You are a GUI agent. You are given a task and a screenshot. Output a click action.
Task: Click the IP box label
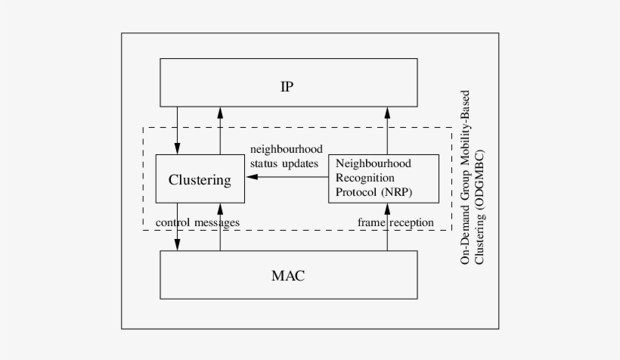[287, 86]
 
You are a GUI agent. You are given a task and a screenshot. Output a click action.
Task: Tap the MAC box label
[287, 275]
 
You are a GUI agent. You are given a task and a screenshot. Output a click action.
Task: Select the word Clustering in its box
[200, 180]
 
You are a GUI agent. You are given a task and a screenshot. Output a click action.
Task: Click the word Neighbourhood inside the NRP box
[374, 163]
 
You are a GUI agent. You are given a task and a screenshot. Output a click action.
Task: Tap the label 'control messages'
[197, 222]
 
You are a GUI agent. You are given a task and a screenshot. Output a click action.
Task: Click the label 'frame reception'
[395, 222]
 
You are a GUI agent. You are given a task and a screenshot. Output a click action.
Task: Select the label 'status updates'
[284, 163]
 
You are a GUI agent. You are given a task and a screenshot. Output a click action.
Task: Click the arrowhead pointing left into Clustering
[253, 177]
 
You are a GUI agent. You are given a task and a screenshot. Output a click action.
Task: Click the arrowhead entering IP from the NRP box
[386, 112]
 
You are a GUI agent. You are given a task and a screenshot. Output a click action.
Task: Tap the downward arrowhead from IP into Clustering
[177, 149]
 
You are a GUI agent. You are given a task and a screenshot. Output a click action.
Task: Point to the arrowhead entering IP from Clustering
[220, 112]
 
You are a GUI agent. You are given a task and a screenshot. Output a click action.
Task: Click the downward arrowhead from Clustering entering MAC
[177, 245]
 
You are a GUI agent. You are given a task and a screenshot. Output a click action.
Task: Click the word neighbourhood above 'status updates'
[286, 149]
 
